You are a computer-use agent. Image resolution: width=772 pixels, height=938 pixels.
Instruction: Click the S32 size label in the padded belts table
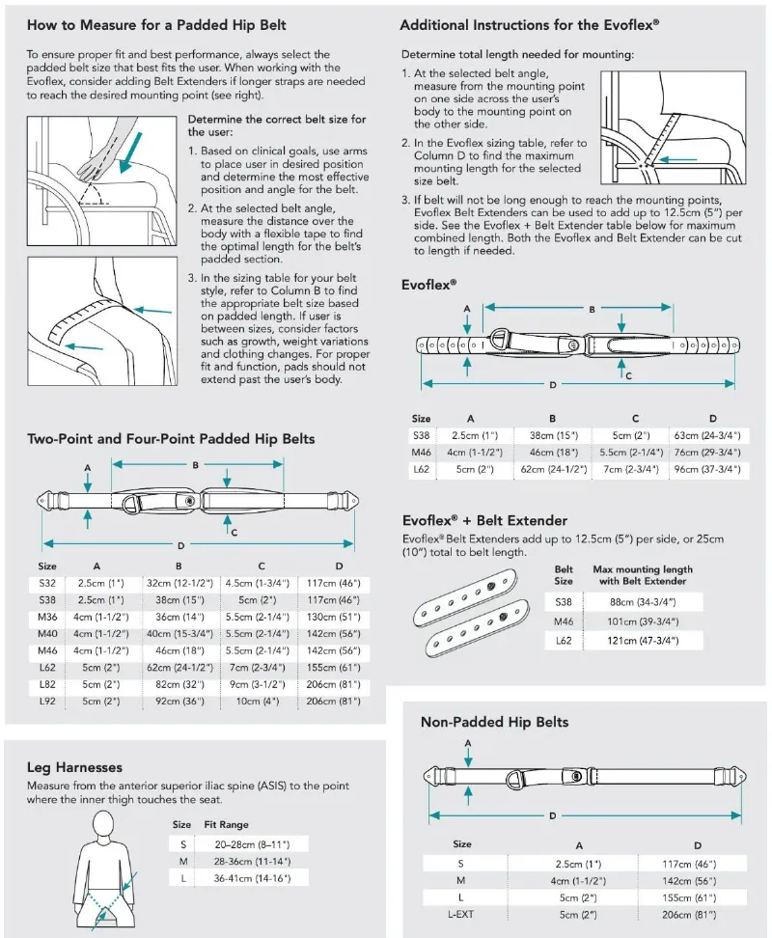[x=47, y=584]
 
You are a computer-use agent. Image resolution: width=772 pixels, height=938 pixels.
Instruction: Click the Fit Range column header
[x=227, y=825]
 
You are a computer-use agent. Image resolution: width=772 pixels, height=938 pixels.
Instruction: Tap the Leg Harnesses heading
[x=74, y=767]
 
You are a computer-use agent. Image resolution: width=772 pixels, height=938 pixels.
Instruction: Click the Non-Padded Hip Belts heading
[x=494, y=722]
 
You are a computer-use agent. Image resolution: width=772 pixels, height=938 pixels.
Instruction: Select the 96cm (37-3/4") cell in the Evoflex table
[x=707, y=469]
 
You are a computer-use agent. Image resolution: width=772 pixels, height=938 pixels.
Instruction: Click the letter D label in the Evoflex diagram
[x=553, y=386]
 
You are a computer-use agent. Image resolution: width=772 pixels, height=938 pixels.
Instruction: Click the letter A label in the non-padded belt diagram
[x=468, y=743]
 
